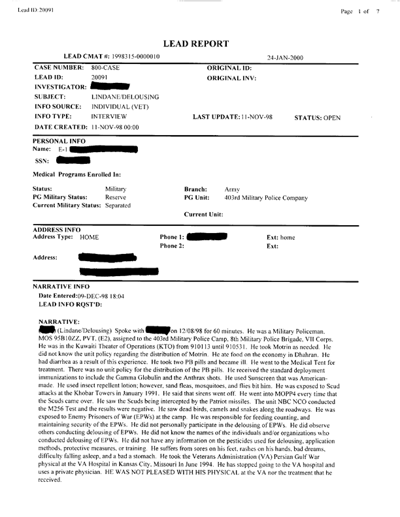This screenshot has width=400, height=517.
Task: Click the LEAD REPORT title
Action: pyautogui.click(x=199, y=44)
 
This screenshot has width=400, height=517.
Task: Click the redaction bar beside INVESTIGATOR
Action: pyautogui.click(x=110, y=86)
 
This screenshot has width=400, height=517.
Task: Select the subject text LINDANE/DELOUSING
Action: pyautogui.click(x=125, y=96)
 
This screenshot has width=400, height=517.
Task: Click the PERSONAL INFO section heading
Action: pyautogui.click(x=57, y=140)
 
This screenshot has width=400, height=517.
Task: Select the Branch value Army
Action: pyautogui.click(x=232, y=187)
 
